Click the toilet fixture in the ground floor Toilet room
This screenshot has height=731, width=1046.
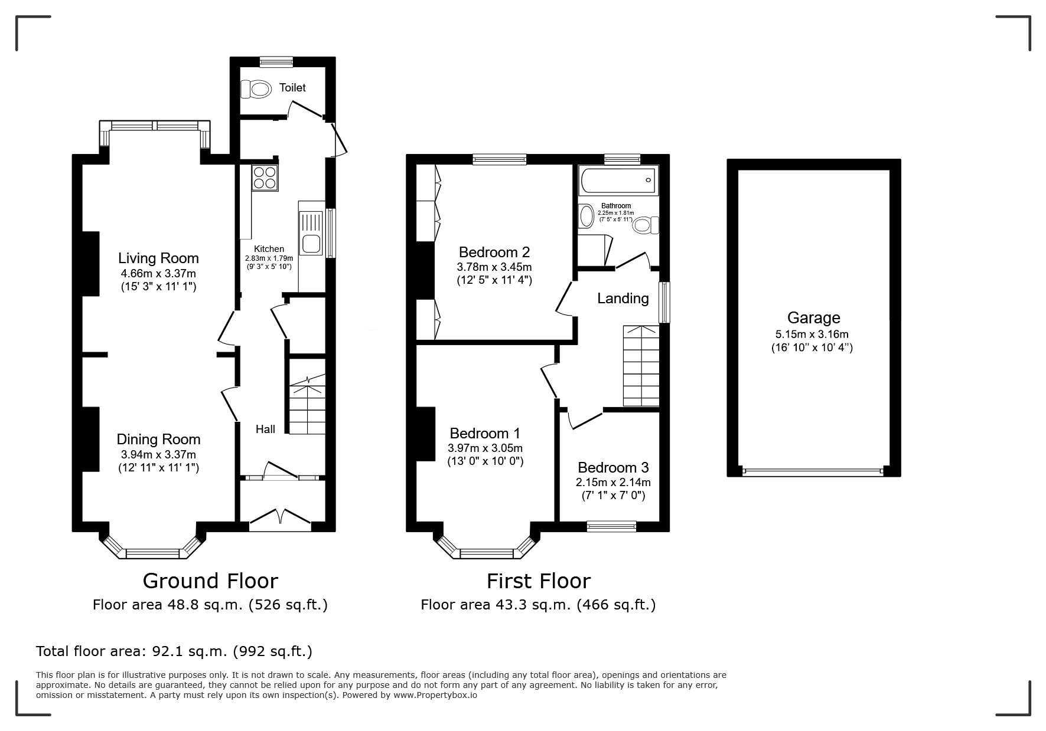(x=255, y=89)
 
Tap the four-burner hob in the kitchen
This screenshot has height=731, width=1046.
(x=265, y=178)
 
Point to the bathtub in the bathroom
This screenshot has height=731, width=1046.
(x=618, y=181)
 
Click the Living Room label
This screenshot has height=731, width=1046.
(x=158, y=258)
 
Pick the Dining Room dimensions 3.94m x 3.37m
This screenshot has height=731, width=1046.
(x=158, y=454)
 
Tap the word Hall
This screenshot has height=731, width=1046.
(x=265, y=429)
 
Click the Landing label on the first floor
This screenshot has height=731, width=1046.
(x=623, y=299)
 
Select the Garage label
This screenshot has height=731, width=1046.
(x=813, y=318)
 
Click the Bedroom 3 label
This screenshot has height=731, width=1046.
(x=613, y=468)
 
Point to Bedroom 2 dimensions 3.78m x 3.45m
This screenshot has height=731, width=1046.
(x=494, y=267)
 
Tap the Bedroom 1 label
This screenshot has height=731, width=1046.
(x=485, y=434)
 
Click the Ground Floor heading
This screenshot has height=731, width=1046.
(x=210, y=581)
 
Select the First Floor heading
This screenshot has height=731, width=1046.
(x=539, y=581)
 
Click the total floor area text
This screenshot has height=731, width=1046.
(x=174, y=651)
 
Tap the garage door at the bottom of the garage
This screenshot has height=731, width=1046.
(x=813, y=471)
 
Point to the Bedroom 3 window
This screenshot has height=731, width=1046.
(x=612, y=526)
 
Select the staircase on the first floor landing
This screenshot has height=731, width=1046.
(x=641, y=366)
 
